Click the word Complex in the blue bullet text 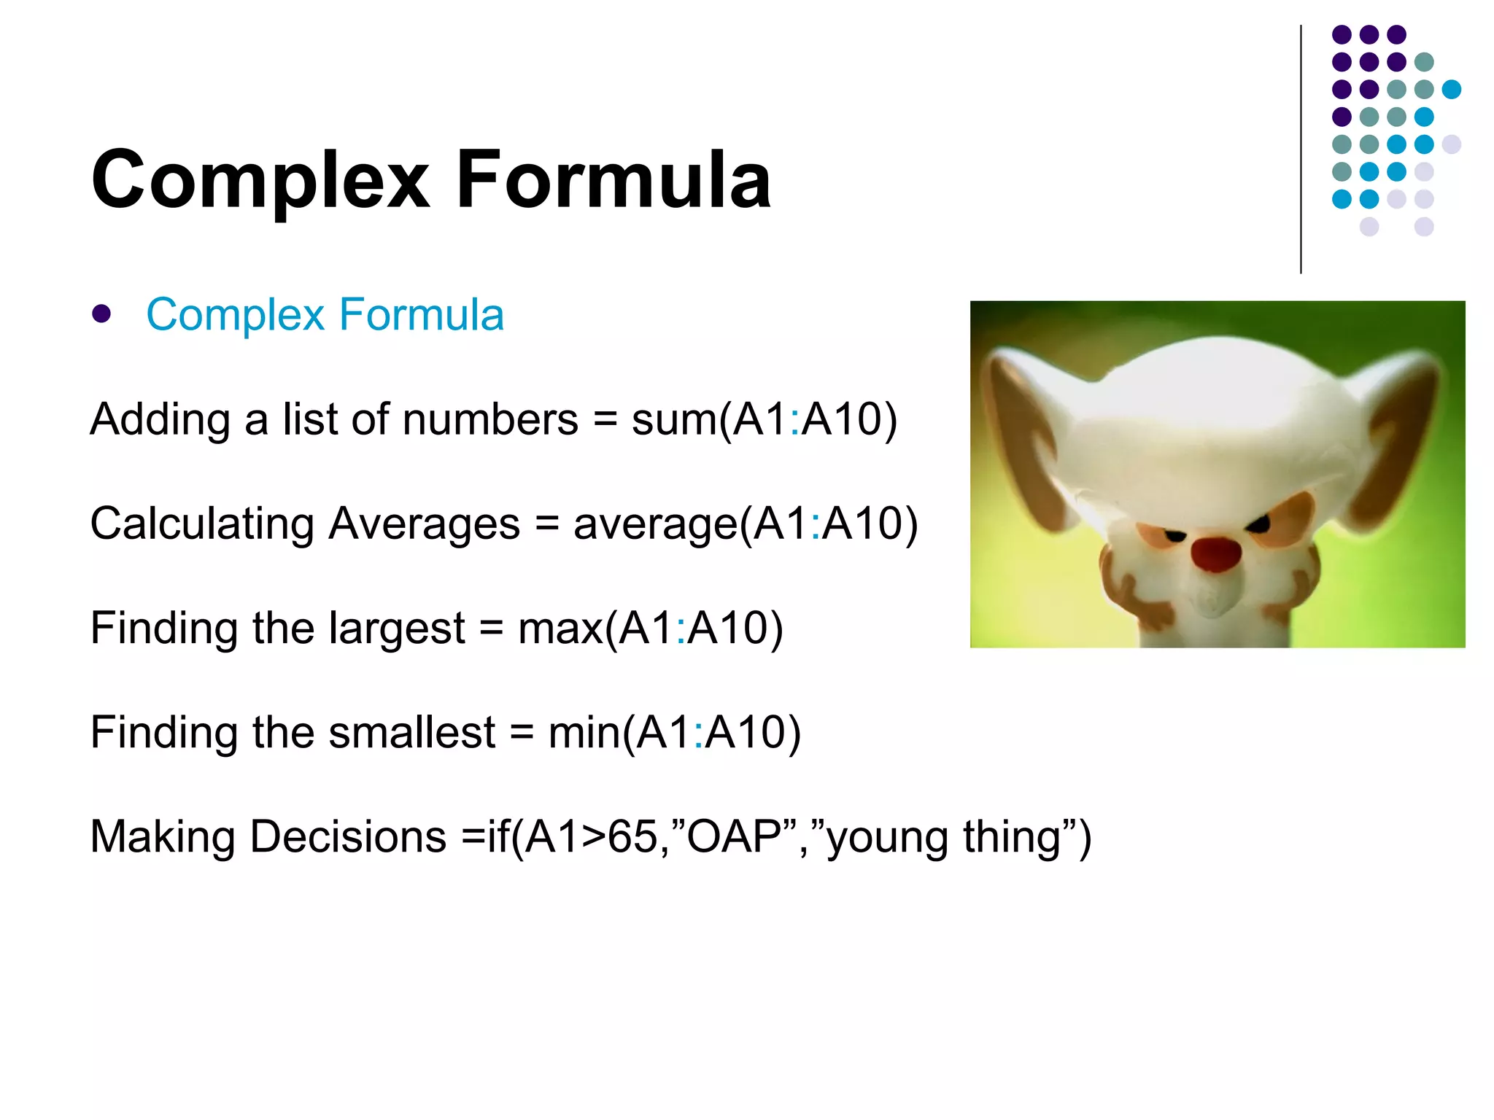(235, 315)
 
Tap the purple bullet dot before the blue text (101, 314)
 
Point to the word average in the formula (655, 525)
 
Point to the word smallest (411, 733)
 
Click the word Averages (424, 524)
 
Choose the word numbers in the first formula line (490, 420)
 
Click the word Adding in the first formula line (160, 420)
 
